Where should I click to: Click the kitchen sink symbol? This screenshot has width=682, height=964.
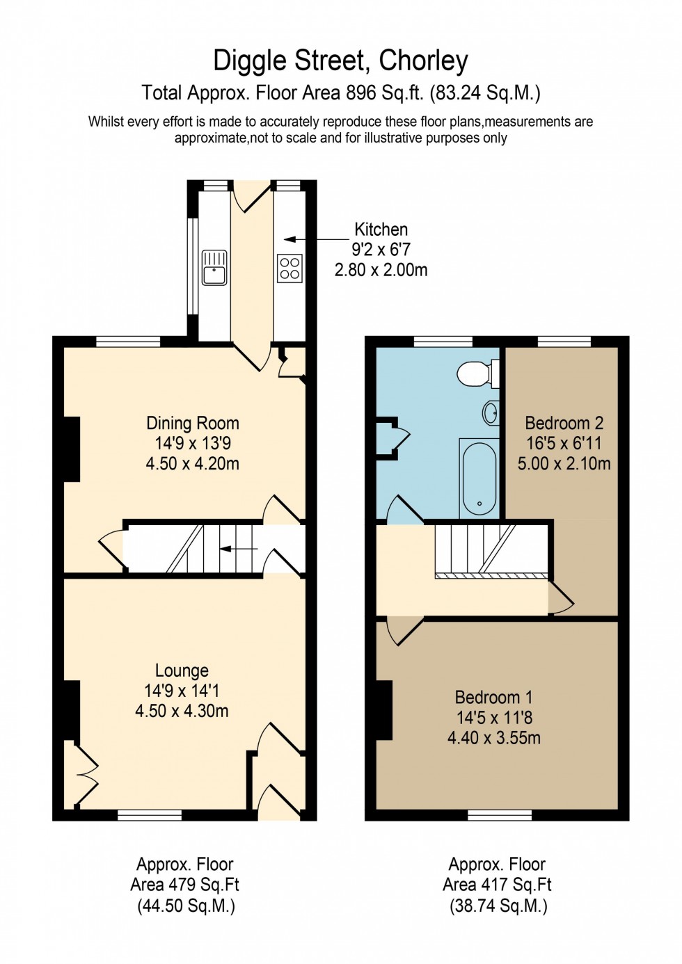214,268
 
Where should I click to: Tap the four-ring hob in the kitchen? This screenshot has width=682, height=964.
290,268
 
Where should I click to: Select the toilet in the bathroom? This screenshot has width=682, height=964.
477,373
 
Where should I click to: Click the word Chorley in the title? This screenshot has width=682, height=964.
423,61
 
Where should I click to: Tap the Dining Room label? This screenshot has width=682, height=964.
193,423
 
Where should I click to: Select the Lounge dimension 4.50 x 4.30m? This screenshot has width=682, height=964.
182,711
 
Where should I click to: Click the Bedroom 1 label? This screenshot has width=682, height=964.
493,697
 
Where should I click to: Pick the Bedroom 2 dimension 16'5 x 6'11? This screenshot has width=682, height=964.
564,443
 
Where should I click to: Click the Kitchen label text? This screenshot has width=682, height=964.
381,230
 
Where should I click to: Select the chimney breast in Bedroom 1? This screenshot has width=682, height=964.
384,709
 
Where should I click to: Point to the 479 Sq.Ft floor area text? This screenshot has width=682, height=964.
184,885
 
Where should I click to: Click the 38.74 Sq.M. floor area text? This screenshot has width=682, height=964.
497,906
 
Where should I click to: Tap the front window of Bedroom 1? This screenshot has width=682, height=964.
500,814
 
